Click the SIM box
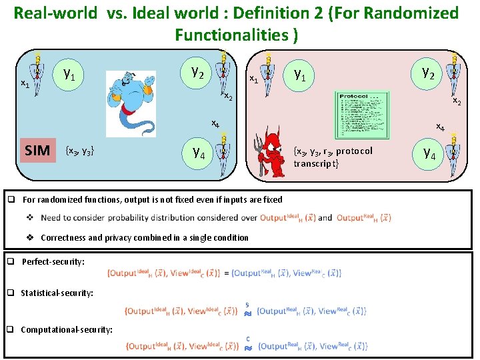[37, 151]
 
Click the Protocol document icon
[362, 116]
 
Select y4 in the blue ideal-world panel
[199, 153]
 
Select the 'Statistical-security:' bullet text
[57, 293]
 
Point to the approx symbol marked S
[247, 312]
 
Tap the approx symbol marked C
[248, 347]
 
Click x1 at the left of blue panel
[24, 84]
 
